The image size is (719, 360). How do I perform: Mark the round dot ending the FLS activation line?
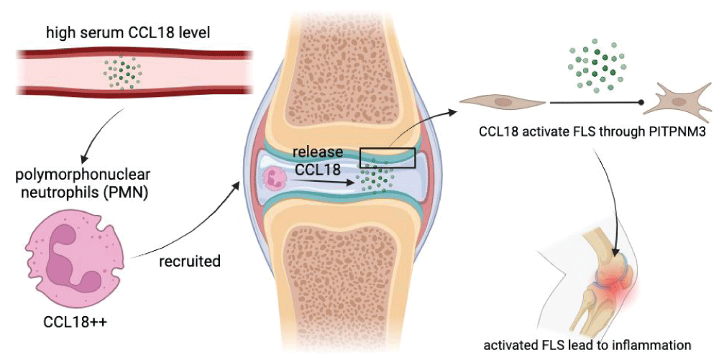[x=641, y=103]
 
